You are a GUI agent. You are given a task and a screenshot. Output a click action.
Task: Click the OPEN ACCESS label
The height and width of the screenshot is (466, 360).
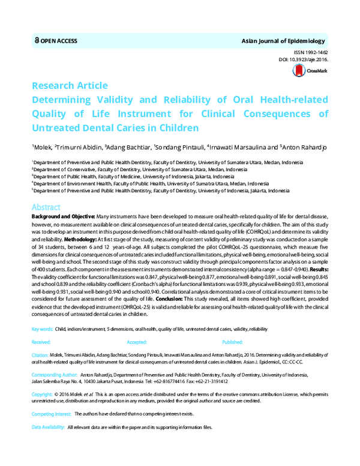tap(60, 41)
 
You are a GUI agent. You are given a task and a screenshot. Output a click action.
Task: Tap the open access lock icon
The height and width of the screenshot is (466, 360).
tap(37, 41)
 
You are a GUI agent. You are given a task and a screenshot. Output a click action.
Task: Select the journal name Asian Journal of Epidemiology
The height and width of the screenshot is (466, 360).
tap(283, 41)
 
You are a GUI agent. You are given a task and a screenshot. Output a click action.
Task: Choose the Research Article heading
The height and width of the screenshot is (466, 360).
tap(70, 85)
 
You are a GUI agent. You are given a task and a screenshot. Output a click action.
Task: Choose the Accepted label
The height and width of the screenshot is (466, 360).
tap(137, 341)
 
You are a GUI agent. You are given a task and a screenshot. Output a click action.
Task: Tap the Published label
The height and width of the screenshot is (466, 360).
tap(232, 341)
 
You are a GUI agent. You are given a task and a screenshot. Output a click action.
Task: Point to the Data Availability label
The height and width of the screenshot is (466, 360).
tap(48, 426)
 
